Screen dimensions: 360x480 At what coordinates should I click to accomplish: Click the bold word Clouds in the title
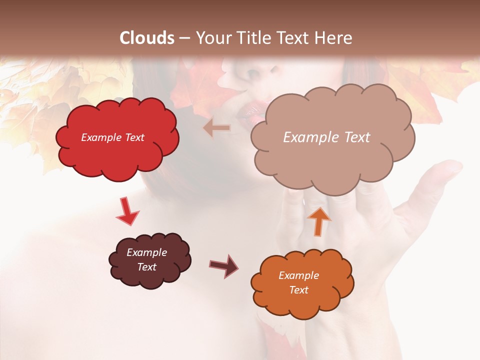pyautogui.click(x=147, y=37)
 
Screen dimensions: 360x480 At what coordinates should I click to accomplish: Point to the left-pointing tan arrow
pyautogui.click(x=217, y=128)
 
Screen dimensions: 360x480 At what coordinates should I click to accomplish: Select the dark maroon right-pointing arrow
pyautogui.click(x=223, y=265)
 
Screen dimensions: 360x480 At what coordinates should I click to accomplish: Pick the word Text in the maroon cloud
pyautogui.click(x=147, y=267)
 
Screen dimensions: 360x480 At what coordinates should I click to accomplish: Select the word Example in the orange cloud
pyautogui.click(x=298, y=275)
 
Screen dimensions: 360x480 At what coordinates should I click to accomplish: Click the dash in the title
pyautogui.click(x=184, y=38)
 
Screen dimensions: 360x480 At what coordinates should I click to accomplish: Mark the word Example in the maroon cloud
pyautogui.click(x=147, y=252)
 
